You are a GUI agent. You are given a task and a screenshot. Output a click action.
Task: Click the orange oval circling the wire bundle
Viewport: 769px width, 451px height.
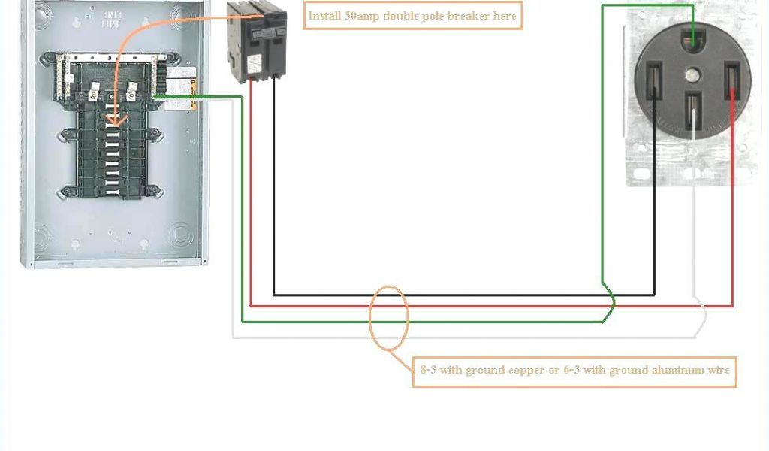click(x=389, y=317)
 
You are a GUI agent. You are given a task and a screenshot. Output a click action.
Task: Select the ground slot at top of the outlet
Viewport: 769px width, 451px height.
click(x=692, y=35)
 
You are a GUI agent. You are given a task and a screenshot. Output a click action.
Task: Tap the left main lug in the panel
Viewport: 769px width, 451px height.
click(x=95, y=95)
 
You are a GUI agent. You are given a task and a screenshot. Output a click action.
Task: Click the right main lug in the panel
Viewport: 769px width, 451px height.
click(x=132, y=95)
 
